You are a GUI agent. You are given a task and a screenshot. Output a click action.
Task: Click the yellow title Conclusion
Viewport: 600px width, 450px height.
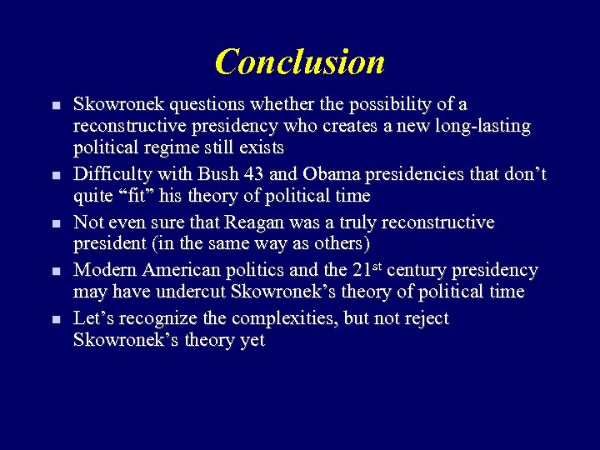click(300, 62)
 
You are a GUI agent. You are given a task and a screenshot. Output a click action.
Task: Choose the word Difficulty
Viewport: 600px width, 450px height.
click(111, 175)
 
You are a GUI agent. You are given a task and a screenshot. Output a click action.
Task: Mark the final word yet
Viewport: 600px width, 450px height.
click(252, 340)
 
